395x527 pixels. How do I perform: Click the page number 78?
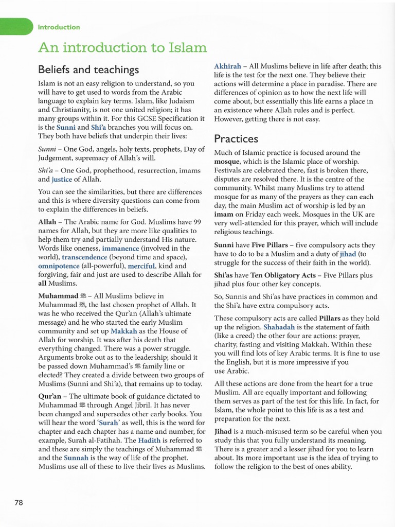[19, 503]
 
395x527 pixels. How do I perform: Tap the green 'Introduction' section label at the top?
[59, 27]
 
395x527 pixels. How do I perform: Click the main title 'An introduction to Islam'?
[122, 48]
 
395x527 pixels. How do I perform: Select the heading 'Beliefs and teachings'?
[88, 69]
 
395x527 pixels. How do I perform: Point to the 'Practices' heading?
[236, 138]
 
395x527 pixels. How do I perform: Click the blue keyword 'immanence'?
[121, 248]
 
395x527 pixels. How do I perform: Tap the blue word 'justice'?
[62, 179]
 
